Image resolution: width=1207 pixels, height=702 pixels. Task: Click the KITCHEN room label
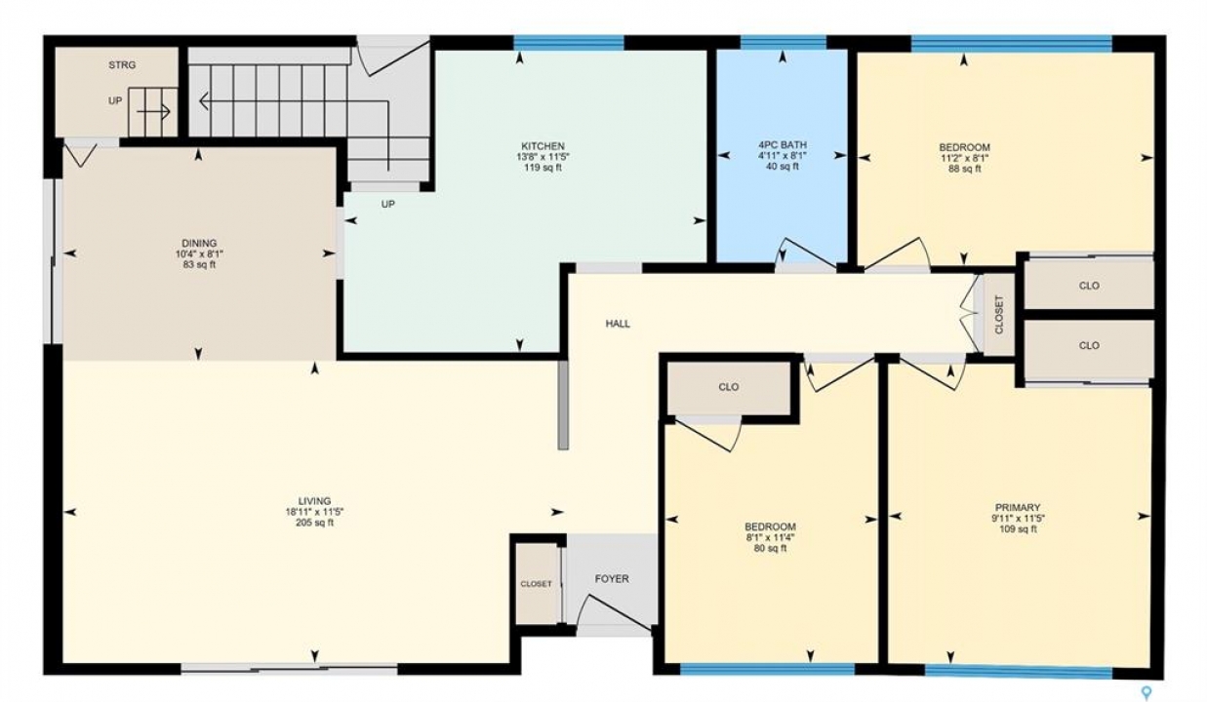point(543,146)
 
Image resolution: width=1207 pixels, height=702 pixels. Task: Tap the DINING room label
point(199,244)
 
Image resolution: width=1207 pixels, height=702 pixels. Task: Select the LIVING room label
point(315,501)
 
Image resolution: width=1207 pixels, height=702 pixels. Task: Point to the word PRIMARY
point(1018,508)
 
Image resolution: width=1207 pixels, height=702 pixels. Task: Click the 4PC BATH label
point(783,145)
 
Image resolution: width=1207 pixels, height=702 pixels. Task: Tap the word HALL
point(618,324)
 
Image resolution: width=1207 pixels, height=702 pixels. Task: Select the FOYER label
point(612,579)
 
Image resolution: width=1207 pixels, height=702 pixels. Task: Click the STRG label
point(122,65)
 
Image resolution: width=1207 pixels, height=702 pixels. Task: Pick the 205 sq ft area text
point(315,523)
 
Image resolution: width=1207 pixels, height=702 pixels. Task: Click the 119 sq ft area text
point(543,168)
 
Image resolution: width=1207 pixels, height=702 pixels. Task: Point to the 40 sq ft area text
point(783,167)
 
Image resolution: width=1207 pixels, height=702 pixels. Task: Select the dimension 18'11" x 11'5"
point(315,512)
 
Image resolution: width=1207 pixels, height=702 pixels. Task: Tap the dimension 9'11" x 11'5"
point(1018,519)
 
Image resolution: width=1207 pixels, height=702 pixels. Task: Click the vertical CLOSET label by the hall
point(999,314)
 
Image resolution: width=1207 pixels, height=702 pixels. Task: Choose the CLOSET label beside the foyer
point(536,584)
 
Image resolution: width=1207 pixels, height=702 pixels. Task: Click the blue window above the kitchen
point(569,43)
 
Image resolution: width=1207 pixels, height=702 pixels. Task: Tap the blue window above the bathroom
point(783,43)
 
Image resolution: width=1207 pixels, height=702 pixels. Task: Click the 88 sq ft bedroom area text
point(964,169)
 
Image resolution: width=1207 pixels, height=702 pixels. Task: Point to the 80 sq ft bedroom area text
point(770,549)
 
